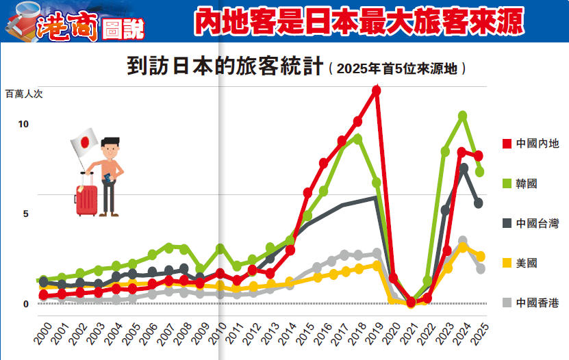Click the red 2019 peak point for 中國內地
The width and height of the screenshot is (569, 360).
376,90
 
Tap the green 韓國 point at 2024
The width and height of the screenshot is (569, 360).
463,116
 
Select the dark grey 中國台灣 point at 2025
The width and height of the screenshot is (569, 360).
479,203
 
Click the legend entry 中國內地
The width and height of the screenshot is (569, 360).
537,144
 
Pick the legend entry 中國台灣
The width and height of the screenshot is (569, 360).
537,223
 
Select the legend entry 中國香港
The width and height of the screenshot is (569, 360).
537,303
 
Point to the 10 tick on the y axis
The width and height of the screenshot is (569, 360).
24,124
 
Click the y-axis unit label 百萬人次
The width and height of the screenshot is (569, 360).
24,94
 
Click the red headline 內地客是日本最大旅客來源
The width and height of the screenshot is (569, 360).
358,23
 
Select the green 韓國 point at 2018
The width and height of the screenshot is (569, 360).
357,139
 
